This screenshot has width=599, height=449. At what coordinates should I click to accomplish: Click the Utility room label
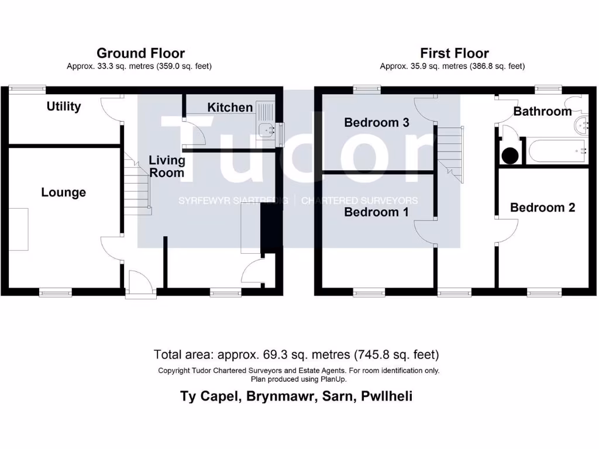tap(64, 106)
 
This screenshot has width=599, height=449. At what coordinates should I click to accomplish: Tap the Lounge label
tap(63, 192)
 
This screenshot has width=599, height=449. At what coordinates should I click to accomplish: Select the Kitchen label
tap(230, 108)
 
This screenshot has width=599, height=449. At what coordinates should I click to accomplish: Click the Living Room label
tap(167, 167)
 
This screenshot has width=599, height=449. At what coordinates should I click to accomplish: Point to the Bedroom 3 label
tap(377, 123)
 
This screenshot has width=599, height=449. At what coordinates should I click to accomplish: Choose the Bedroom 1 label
tap(376, 212)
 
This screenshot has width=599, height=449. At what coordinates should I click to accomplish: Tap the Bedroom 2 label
tap(542, 208)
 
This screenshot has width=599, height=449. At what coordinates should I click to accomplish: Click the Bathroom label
tap(542, 111)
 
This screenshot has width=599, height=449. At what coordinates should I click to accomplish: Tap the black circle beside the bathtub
tap(510, 156)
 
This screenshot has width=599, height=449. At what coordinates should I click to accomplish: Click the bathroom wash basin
tap(581, 125)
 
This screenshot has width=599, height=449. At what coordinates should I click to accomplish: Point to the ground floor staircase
tap(137, 183)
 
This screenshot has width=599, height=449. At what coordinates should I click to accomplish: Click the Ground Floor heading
tap(140, 53)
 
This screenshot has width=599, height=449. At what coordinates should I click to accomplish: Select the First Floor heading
tap(455, 53)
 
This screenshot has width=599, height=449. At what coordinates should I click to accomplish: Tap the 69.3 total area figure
tap(275, 355)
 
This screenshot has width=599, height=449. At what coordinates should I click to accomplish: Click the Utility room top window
tap(27, 89)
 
